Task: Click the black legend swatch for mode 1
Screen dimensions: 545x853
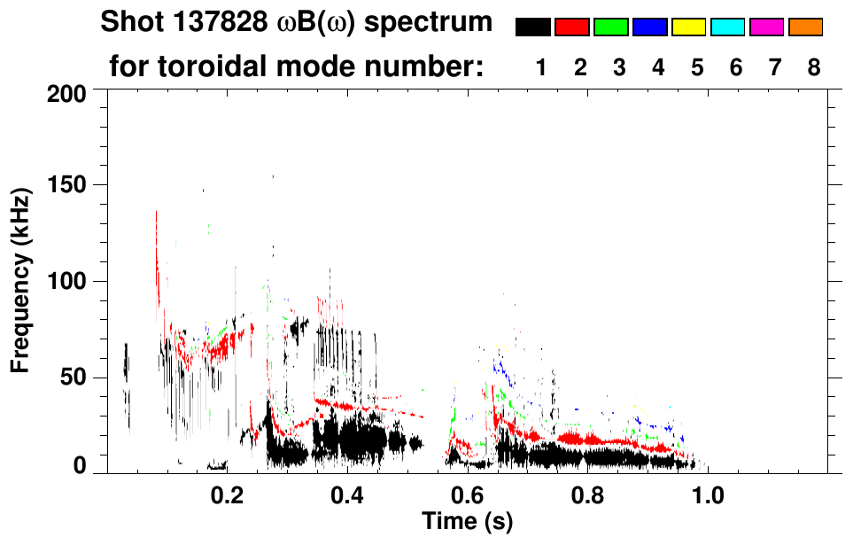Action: (533, 27)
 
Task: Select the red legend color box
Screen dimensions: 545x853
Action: (572, 27)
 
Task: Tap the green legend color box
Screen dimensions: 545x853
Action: (611, 27)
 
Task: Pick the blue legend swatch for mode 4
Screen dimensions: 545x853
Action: (650, 27)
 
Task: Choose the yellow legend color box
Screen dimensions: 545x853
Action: (689, 27)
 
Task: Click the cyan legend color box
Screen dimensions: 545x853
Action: (728, 27)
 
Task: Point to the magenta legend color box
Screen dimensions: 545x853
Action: (767, 27)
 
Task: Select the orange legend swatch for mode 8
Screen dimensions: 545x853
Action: (806, 27)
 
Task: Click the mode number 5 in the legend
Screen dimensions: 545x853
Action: (697, 67)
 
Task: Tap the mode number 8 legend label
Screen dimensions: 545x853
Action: (814, 67)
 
